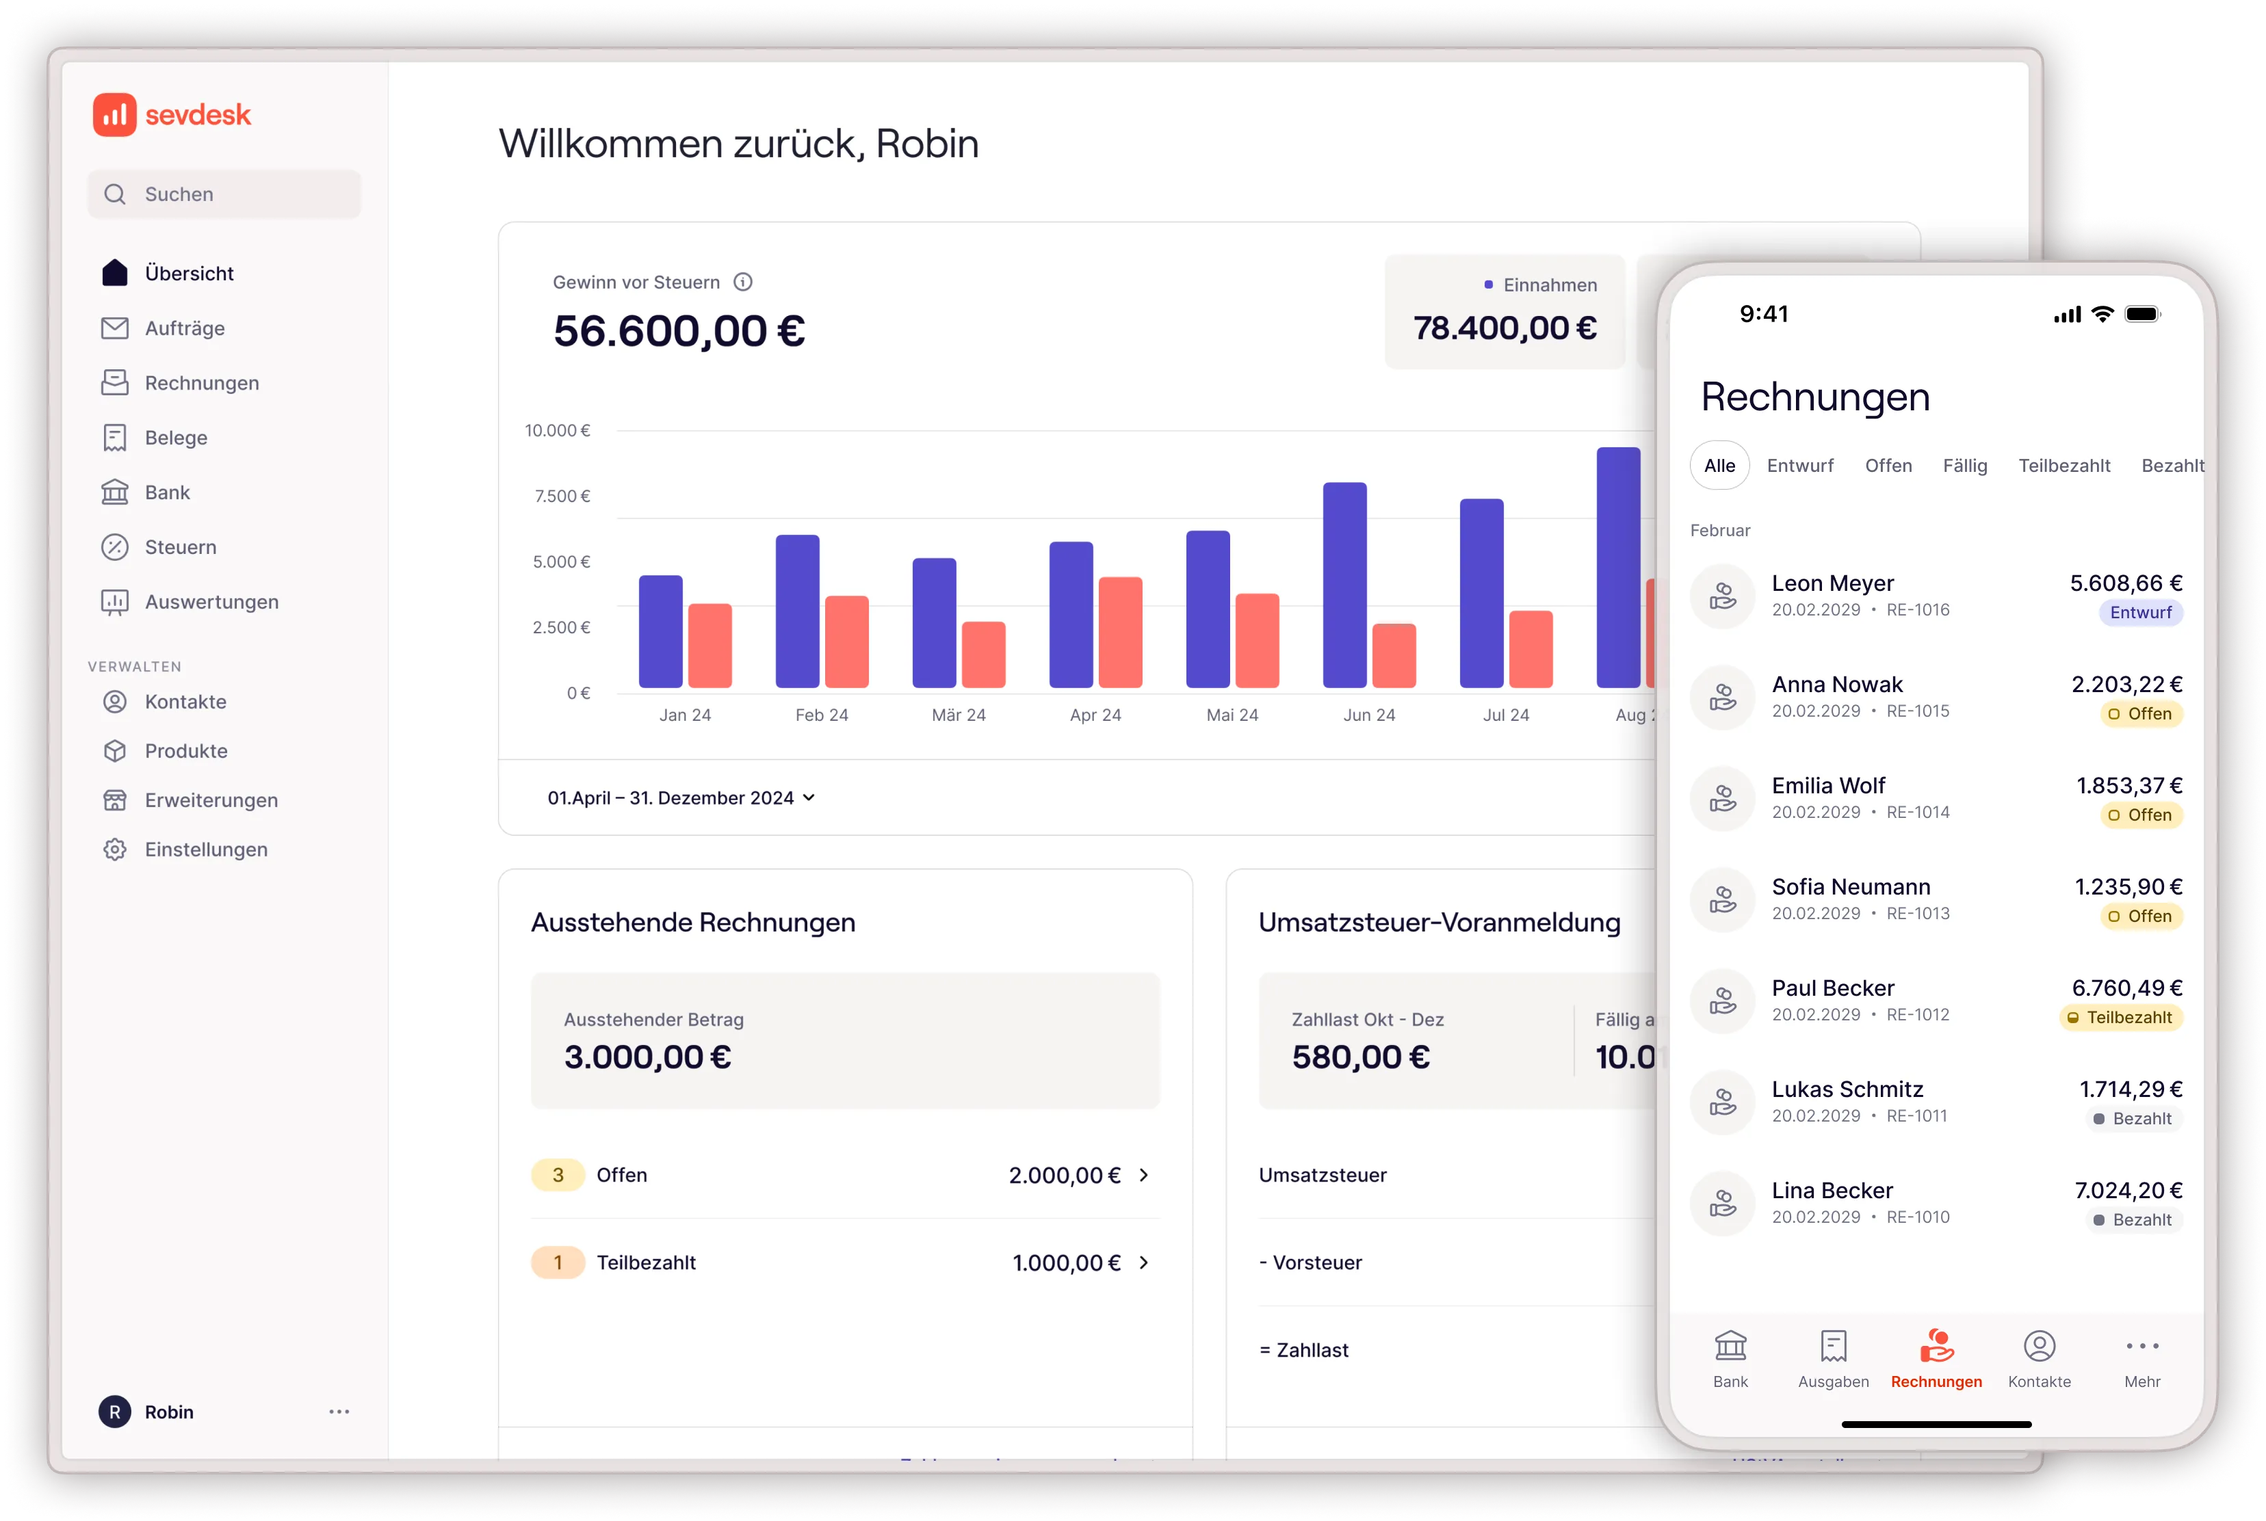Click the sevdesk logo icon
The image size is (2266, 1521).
pos(114,114)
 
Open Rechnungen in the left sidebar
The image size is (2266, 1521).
pos(201,383)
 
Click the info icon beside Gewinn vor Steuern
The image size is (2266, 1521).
pos(742,282)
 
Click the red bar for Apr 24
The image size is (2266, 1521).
pos(1120,633)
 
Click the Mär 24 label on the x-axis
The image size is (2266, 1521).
pos(958,715)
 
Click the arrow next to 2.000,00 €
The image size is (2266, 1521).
pos(1143,1175)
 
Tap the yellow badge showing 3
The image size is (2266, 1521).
pos(558,1175)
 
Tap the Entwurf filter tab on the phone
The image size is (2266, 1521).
pos(1799,466)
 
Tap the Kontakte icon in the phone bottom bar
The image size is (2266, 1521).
pos(2039,1347)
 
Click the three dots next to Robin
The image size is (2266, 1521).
pos(339,1412)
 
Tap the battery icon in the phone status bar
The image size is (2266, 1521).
pos(2141,315)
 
